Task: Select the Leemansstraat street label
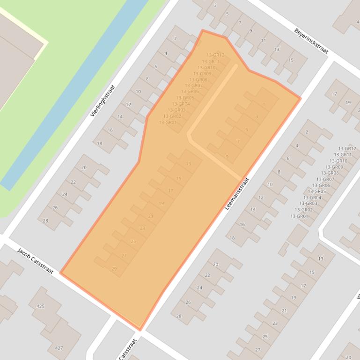click(237, 193)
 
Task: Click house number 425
click(40, 306)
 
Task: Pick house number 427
click(59, 348)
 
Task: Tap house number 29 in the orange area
click(114, 269)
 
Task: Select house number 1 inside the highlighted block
click(264, 105)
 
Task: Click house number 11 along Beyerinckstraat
click(263, 40)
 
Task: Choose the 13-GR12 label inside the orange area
click(215, 55)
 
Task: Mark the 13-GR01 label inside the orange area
click(168, 122)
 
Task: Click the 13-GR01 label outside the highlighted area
click(299, 216)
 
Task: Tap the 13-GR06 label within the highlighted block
click(190, 92)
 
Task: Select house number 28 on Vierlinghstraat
click(45, 221)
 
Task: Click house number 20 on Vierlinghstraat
click(84, 167)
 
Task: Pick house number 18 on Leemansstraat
click(232, 238)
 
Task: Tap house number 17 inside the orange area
click(170, 191)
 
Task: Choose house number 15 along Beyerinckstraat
click(291, 60)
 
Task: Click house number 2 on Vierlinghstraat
click(175, 39)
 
